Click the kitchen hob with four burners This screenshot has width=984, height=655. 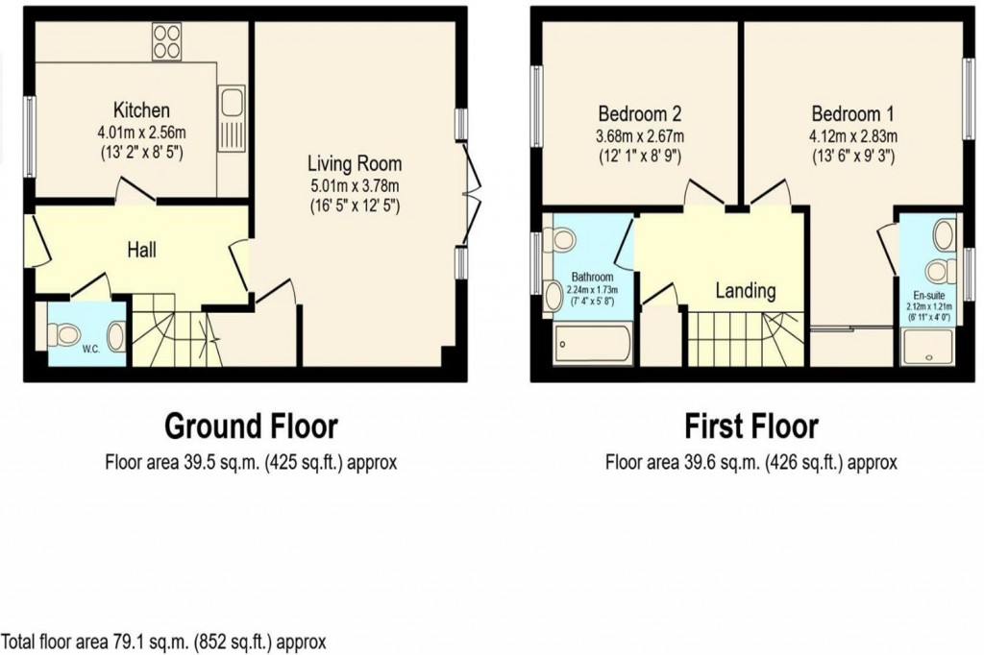tap(168, 41)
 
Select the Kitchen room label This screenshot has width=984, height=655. tap(141, 109)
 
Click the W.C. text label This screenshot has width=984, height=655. tap(90, 350)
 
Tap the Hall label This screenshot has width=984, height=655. tap(142, 250)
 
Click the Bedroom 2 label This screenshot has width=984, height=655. tap(640, 110)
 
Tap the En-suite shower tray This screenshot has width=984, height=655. tap(929, 346)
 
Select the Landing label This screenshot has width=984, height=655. tap(746, 290)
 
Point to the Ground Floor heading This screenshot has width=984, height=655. tap(251, 425)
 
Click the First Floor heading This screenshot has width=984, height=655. tap(750, 425)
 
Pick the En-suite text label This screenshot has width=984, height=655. tap(929, 295)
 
